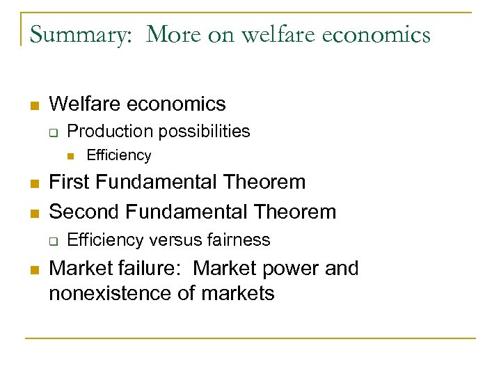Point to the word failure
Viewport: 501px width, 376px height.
148,268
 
